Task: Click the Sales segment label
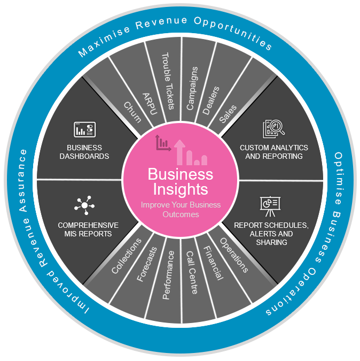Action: pyautogui.click(x=228, y=114)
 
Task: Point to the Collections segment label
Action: pyautogui.click(x=127, y=256)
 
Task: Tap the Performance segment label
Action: pyautogui.click(x=168, y=274)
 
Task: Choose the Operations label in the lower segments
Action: pyautogui.click(x=233, y=255)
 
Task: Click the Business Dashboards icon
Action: pyautogui.click(x=84, y=130)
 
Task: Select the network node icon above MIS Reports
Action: pyautogui.click(x=84, y=205)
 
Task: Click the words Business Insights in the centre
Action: pyautogui.click(x=180, y=181)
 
